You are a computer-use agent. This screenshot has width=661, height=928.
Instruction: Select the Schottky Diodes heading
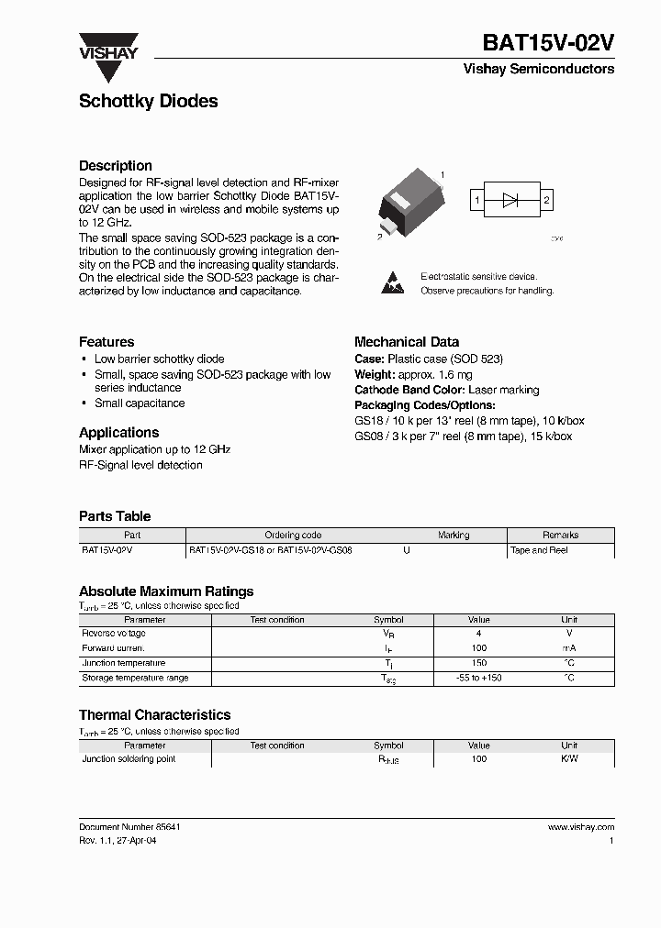[148, 101]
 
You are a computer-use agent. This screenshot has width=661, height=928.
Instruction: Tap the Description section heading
[116, 166]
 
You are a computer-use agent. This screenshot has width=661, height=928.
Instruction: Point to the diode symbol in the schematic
[511, 199]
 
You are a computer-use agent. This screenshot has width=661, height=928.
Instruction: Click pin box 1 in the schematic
[476, 199]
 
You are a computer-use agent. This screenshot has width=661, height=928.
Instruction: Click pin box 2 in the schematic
[546, 199]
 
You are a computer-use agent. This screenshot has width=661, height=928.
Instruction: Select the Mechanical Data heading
[407, 342]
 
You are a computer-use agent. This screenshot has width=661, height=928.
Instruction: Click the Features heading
[106, 342]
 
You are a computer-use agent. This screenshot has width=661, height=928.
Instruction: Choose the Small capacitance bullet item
[140, 403]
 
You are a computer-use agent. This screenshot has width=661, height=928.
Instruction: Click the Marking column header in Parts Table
[454, 536]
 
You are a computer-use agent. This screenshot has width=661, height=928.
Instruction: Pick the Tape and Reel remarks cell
[540, 550]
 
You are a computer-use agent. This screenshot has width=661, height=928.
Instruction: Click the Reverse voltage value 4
[478, 634]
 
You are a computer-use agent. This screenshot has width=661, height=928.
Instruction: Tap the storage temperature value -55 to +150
[478, 678]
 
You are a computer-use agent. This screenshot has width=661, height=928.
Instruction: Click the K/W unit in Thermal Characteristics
[569, 759]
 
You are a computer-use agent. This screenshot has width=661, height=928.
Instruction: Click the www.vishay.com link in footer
[581, 827]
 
